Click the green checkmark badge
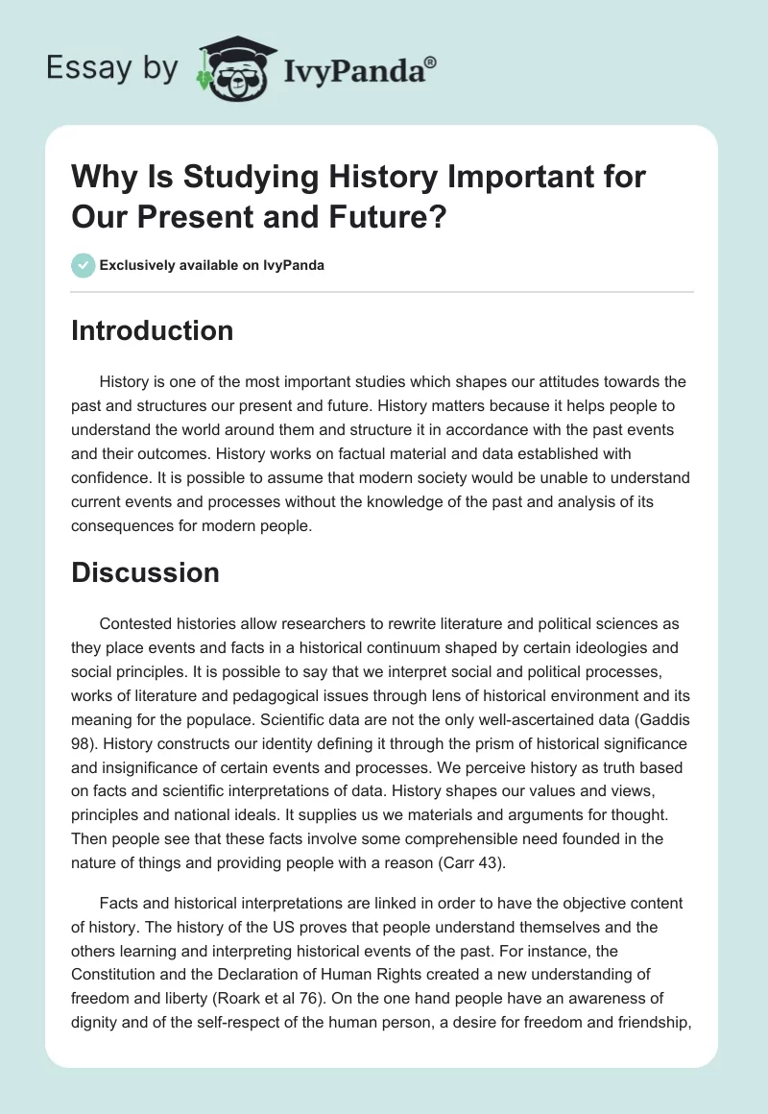[x=83, y=265]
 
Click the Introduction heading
[x=152, y=330]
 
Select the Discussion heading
[x=145, y=572]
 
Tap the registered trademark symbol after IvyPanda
[x=431, y=61]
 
